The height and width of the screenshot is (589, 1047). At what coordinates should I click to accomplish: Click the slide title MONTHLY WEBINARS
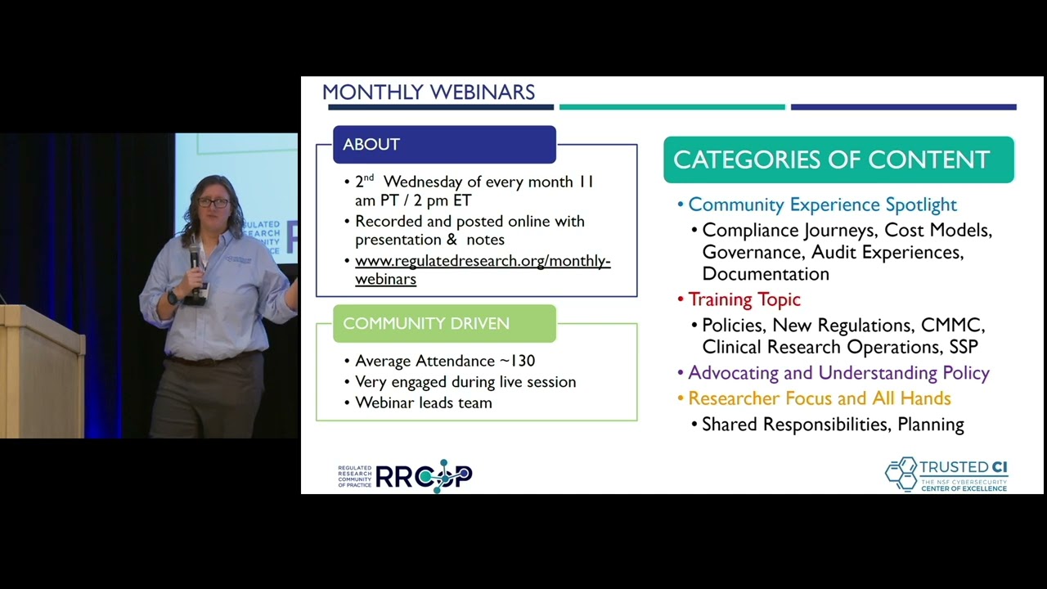[x=428, y=92]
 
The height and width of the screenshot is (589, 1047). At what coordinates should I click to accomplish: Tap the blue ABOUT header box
[x=444, y=145]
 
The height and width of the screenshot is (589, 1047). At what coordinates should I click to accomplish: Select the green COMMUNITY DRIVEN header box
[x=444, y=323]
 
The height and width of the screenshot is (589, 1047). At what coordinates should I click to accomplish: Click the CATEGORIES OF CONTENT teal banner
[x=838, y=160]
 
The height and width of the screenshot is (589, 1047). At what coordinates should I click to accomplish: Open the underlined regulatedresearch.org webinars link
[x=482, y=269]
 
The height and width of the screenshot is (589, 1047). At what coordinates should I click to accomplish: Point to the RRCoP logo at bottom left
[x=406, y=476]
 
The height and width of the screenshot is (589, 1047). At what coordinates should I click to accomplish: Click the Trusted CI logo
[x=946, y=474]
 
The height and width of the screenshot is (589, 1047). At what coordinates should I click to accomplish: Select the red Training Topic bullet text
[x=744, y=299]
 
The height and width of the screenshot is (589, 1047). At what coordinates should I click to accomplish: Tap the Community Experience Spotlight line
[x=821, y=205]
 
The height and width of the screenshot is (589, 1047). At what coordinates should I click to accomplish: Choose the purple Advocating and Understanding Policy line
[x=838, y=373]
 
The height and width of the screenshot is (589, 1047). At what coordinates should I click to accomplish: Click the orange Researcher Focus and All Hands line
[x=818, y=398]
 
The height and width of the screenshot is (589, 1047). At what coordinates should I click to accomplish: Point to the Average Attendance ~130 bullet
[x=444, y=361]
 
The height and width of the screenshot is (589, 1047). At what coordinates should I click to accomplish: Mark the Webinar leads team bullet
[x=423, y=402]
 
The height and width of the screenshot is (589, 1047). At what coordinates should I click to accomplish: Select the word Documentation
[x=765, y=274]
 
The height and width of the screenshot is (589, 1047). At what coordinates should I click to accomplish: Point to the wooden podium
[x=41, y=372]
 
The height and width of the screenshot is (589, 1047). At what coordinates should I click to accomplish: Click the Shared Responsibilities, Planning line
[x=832, y=425]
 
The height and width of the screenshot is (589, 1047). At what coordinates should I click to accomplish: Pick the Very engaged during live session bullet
[x=465, y=382]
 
